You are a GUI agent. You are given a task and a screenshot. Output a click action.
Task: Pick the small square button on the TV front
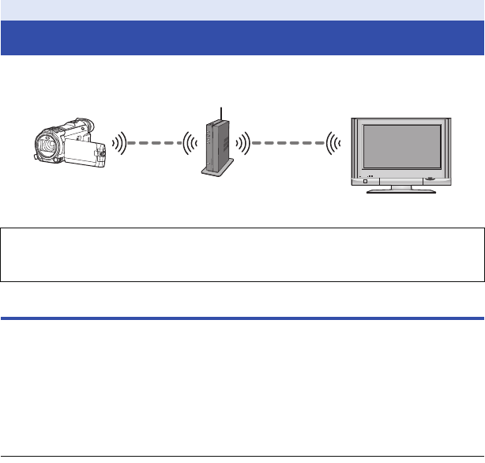pos(365,182)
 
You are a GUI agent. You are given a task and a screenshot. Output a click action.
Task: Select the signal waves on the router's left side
pos(190,145)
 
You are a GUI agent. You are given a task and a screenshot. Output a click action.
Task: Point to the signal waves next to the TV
pos(333,145)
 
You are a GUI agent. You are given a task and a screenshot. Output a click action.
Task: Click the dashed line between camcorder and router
pos(155,145)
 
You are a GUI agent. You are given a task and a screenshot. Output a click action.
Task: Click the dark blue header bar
pos(242,38)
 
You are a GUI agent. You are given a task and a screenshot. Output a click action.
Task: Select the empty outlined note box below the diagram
pos(242,255)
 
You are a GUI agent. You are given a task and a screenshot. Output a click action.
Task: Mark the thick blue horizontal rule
pos(242,318)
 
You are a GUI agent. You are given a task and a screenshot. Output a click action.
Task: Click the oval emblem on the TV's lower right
pos(430,179)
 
